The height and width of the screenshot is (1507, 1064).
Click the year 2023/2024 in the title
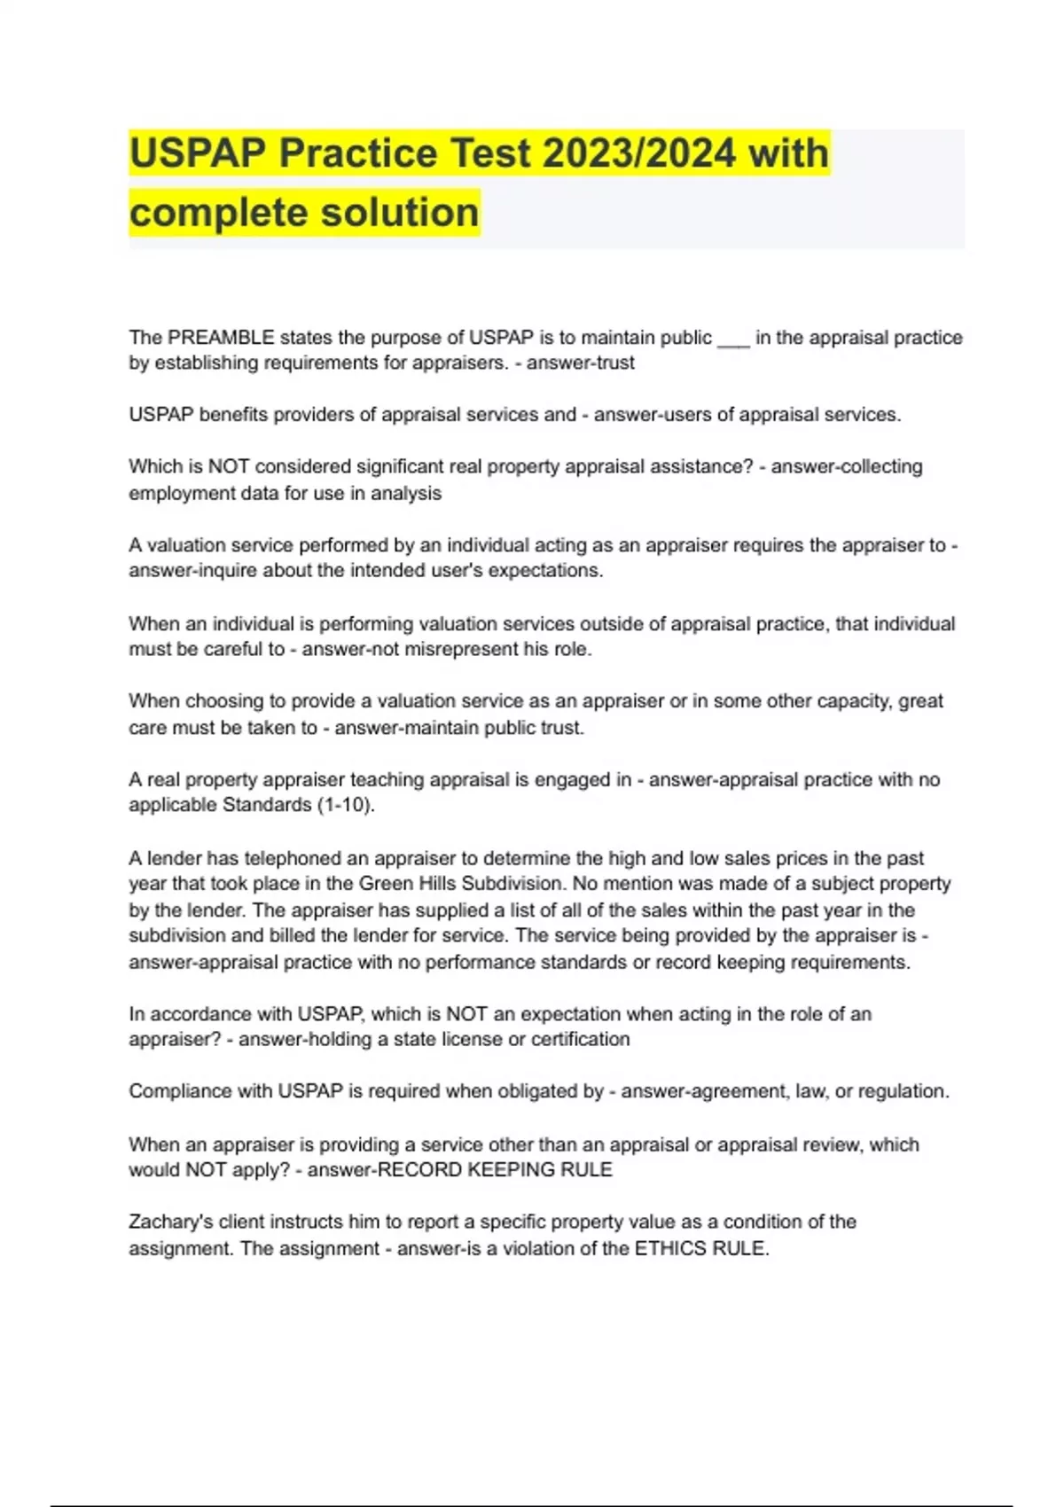[x=638, y=152]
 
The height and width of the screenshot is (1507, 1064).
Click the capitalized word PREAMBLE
[x=221, y=338]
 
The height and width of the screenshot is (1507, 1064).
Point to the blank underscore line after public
[x=733, y=340]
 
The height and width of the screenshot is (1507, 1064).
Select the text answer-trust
[x=581, y=363]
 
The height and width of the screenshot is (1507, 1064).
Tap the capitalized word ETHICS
[x=666, y=1248]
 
